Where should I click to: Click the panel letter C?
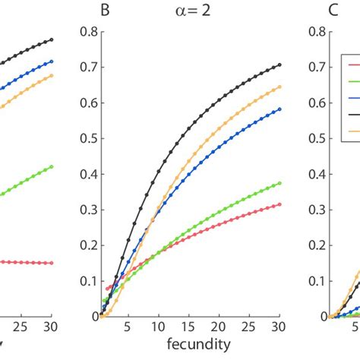312,11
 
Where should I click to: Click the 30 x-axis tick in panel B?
279,328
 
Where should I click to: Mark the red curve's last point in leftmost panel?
51,263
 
